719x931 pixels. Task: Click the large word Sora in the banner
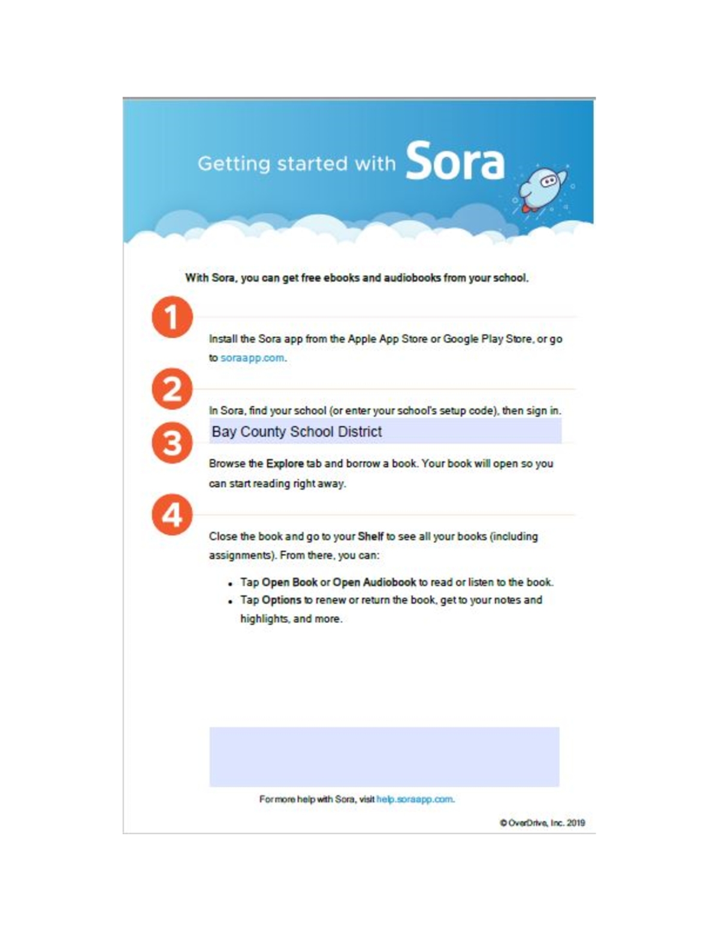point(455,161)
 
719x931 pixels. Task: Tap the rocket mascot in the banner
point(542,187)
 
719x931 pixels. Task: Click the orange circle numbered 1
point(172,317)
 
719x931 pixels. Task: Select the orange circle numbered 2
point(172,389)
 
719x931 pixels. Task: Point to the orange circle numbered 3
point(172,443)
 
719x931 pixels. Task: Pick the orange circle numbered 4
point(172,514)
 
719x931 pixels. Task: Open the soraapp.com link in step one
point(252,358)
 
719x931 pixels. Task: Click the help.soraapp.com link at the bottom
point(415,799)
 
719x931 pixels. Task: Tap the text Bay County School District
point(297,432)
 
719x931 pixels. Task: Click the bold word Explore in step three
point(285,463)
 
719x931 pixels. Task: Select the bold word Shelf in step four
point(370,536)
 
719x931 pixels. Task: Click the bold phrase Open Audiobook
point(374,582)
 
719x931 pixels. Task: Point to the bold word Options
point(281,600)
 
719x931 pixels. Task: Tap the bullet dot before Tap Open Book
point(230,583)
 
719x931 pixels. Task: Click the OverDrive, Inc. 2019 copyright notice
point(542,823)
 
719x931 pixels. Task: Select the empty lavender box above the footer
point(384,757)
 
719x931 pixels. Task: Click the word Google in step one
point(461,339)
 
